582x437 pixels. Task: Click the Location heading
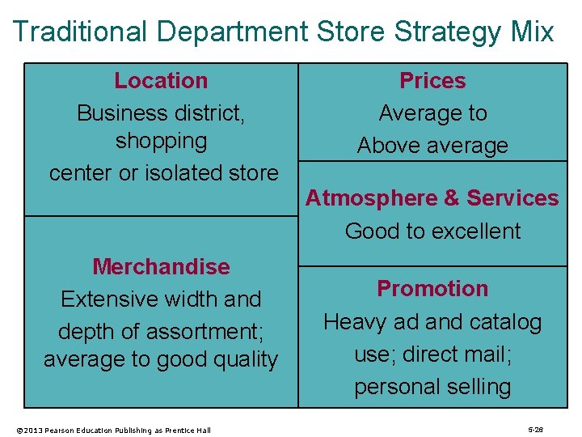pyautogui.click(x=161, y=81)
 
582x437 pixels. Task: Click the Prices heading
pyautogui.click(x=432, y=81)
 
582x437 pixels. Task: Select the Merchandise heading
pyautogui.click(x=161, y=266)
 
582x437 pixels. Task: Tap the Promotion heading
pyautogui.click(x=432, y=289)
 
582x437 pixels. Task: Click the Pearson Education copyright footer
pyautogui.click(x=113, y=430)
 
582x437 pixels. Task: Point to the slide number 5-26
pyautogui.click(x=535, y=429)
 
